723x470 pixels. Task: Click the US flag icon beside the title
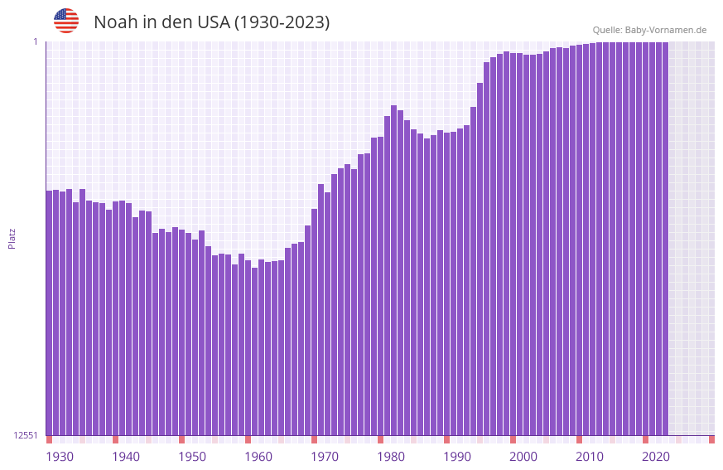66,21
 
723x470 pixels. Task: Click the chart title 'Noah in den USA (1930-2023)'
211,22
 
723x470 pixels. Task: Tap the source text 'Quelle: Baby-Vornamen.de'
649,30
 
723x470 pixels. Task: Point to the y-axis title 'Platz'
12,238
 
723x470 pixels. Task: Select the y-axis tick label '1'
36,41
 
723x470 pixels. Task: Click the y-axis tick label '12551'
26,435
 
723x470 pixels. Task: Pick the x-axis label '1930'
60,457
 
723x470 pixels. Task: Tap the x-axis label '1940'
126,457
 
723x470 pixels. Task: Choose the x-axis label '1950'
192,457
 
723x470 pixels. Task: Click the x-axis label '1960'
258,457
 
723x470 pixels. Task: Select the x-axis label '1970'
325,457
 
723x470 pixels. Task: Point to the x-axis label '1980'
391,457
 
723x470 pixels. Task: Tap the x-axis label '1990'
457,457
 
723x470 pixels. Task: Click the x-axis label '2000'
523,457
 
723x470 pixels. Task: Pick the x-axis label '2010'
590,457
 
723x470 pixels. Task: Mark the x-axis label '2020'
656,457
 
